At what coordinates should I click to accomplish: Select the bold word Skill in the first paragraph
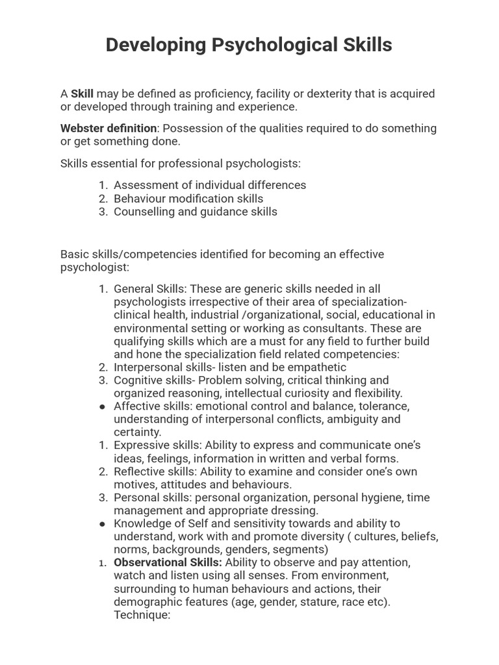(82, 94)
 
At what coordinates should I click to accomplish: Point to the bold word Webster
(83, 128)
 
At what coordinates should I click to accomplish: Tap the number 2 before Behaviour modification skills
(103, 198)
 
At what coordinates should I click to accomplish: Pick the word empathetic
(317, 367)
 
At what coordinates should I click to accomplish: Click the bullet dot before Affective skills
(103, 407)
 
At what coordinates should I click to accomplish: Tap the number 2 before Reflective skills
(103, 471)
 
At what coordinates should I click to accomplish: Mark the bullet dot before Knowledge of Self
(103, 523)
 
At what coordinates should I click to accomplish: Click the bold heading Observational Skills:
(168, 562)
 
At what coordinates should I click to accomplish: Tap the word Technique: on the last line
(142, 614)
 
